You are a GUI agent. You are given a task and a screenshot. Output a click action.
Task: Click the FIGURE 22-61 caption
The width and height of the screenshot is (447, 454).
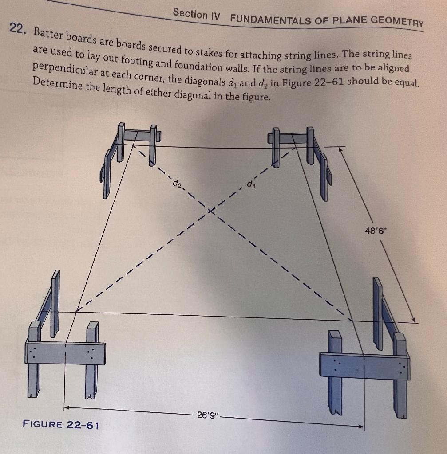(x=61, y=425)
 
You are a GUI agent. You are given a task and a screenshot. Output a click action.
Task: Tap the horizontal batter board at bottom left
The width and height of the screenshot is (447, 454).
(x=66, y=353)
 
